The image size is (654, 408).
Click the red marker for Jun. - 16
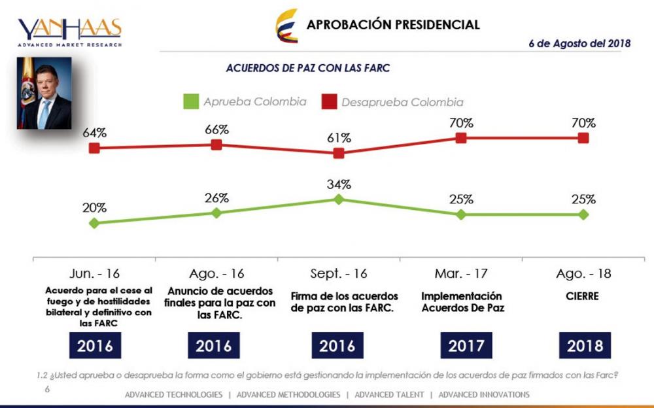point(94,148)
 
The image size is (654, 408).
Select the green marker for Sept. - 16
point(339,199)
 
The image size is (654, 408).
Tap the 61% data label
point(339,138)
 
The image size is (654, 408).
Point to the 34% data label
point(339,184)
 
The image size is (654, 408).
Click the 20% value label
point(94,208)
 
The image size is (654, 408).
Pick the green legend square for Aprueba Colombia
point(190,102)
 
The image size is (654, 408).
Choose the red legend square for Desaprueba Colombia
point(329,102)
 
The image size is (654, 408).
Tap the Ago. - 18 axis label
point(583,273)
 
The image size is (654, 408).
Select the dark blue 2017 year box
point(461,345)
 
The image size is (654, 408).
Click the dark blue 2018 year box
point(584,345)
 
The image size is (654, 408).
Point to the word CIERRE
point(583,296)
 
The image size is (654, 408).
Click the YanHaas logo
point(69,31)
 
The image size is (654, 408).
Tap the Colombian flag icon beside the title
point(286,25)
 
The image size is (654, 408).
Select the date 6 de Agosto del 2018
point(579,44)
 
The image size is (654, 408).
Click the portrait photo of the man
point(44,93)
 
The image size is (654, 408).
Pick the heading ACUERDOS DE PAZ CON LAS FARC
point(308,68)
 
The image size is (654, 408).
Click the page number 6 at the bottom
point(47,389)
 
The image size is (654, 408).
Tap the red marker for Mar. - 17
point(461,137)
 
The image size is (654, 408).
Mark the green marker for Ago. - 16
point(216,212)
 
